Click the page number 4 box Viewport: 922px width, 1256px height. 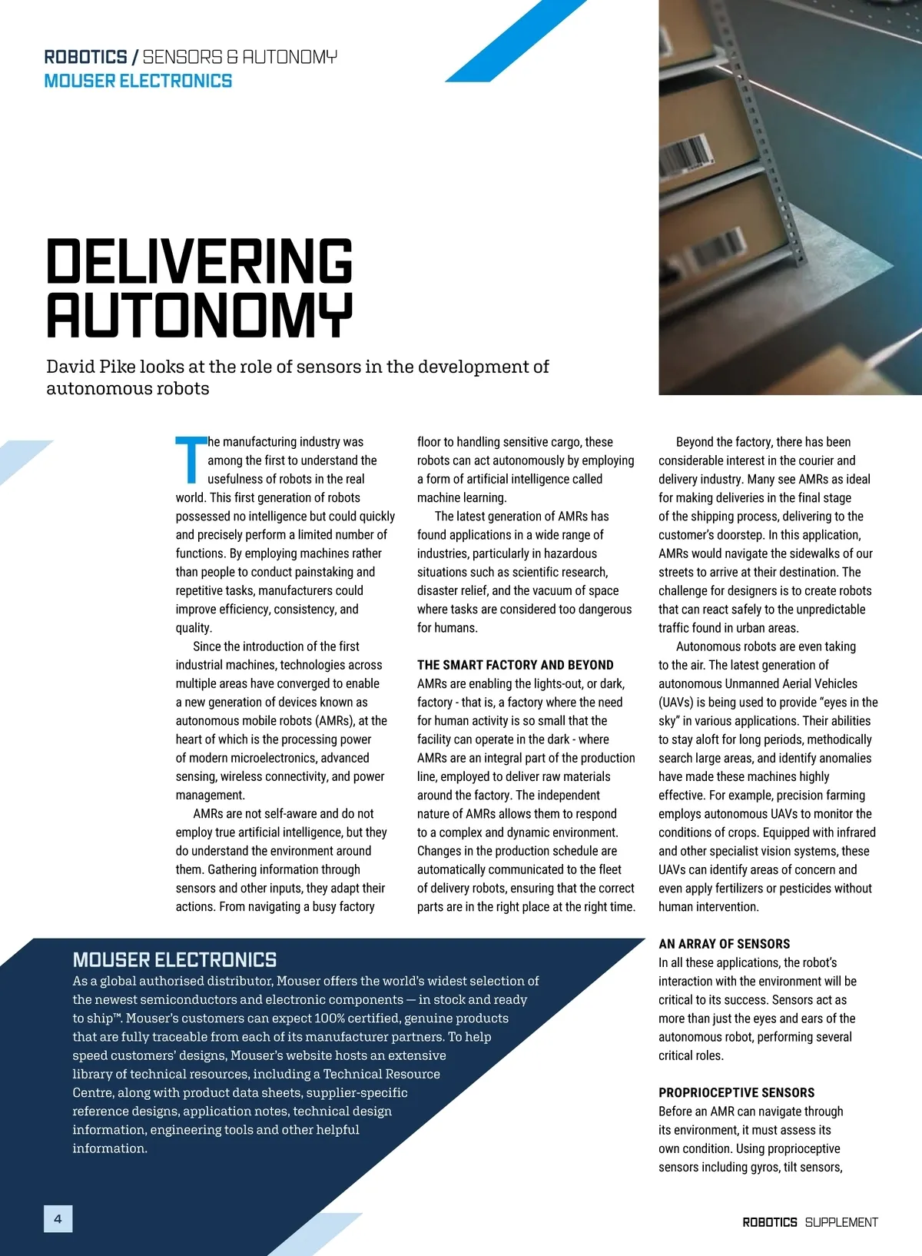(x=58, y=1218)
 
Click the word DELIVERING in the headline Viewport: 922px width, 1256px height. (x=200, y=261)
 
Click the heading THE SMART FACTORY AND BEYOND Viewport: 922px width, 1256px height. (x=515, y=665)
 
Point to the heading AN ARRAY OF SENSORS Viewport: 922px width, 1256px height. (x=724, y=944)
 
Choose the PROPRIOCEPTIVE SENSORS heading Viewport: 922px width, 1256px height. (x=736, y=1092)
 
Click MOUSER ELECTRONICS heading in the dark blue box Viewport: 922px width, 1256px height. (x=174, y=959)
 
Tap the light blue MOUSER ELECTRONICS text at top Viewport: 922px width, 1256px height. (x=138, y=81)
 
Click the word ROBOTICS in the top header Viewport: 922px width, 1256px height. (x=85, y=57)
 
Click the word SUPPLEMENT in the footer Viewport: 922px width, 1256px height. (x=841, y=1222)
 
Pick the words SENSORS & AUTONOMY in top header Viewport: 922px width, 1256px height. (x=240, y=57)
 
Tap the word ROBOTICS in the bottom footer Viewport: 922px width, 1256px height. (x=770, y=1222)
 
